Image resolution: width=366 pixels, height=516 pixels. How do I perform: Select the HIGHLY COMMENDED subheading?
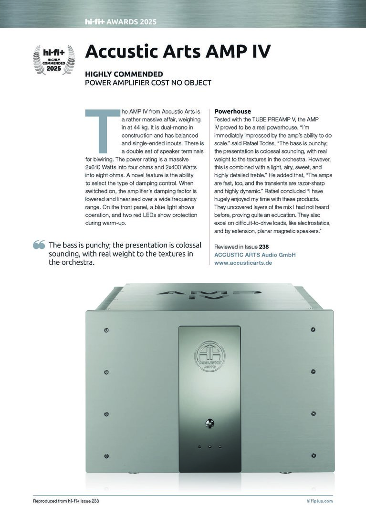click(124, 74)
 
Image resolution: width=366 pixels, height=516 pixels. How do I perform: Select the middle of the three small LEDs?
click(209, 447)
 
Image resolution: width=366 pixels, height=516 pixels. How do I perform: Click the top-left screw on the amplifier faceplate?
click(106, 330)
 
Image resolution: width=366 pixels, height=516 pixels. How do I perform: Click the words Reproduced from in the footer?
click(49, 501)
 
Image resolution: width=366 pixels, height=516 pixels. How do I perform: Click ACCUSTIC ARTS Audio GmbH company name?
click(255, 255)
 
